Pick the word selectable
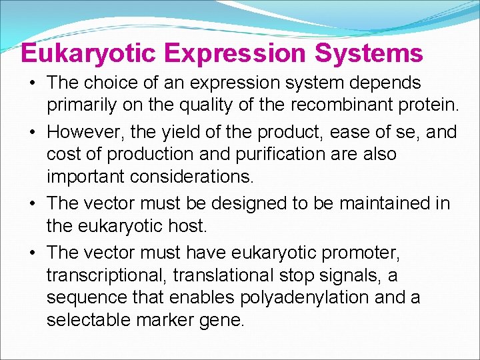pyautogui.click(x=89, y=321)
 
